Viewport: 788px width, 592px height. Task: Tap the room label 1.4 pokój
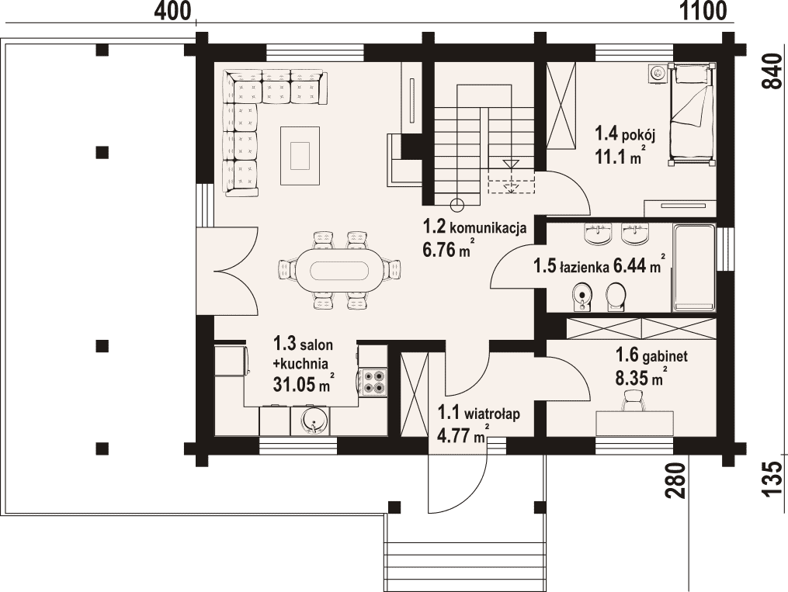tap(625, 134)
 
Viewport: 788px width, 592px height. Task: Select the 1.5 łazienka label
tap(571, 267)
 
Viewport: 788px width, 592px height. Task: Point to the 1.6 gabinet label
tap(652, 356)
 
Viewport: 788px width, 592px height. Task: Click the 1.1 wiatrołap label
tap(478, 414)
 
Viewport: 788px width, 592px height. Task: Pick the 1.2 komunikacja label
tap(474, 227)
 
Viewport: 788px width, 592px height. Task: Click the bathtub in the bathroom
tap(694, 268)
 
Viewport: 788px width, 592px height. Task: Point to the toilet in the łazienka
tap(616, 297)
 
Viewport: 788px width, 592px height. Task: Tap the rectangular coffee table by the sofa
tap(300, 156)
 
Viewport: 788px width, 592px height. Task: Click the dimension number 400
tap(172, 11)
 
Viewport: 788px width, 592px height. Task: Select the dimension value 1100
tap(703, 11)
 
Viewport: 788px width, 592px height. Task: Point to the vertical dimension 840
tap(774, 71)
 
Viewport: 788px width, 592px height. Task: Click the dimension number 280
tap(677, 480)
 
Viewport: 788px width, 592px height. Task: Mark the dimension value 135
tap(774, 480)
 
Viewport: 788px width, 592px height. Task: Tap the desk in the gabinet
tap(634, 423)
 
